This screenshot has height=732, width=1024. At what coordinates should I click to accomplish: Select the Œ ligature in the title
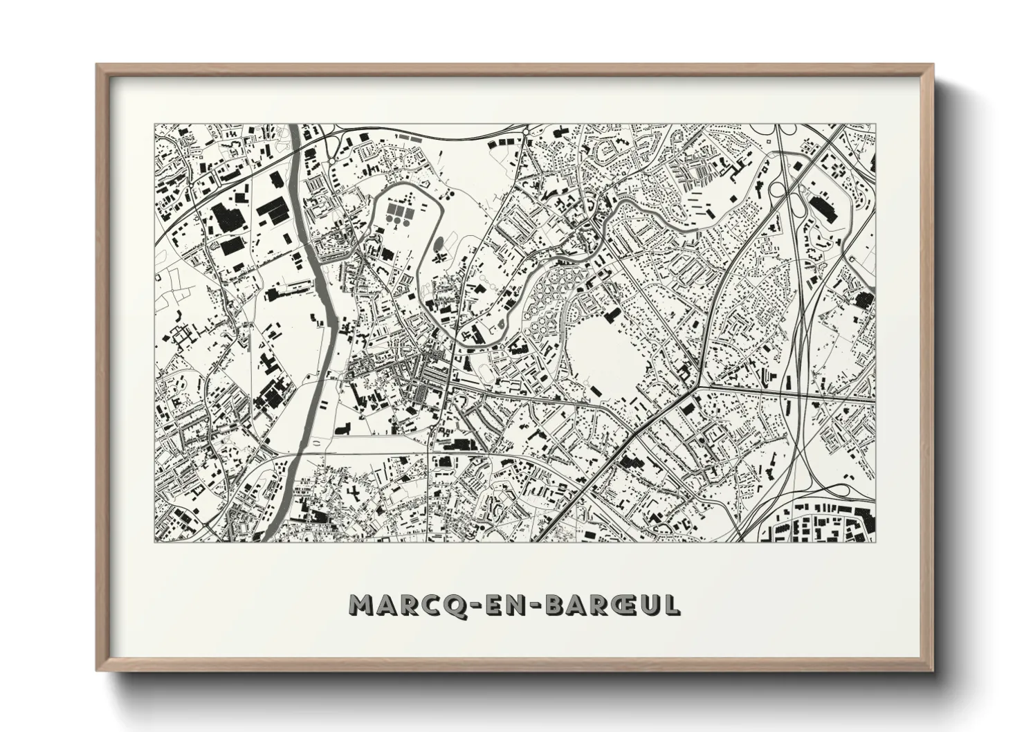(610, 605)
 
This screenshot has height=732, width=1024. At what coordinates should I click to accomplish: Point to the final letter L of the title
(670, 605)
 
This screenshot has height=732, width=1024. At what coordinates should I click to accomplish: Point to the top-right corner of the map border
(874, 125)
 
